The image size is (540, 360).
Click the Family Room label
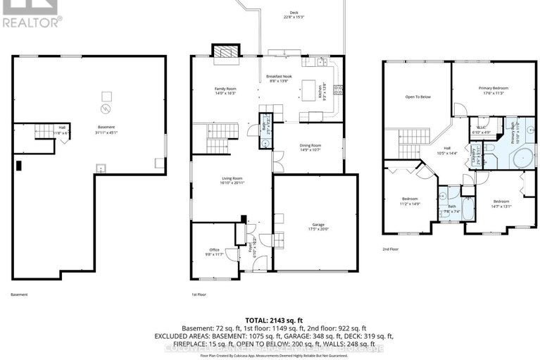(x=225, y=90)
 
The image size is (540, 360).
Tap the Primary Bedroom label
(x=494, y=89)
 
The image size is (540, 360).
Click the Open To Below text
(x=417, y=97)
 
